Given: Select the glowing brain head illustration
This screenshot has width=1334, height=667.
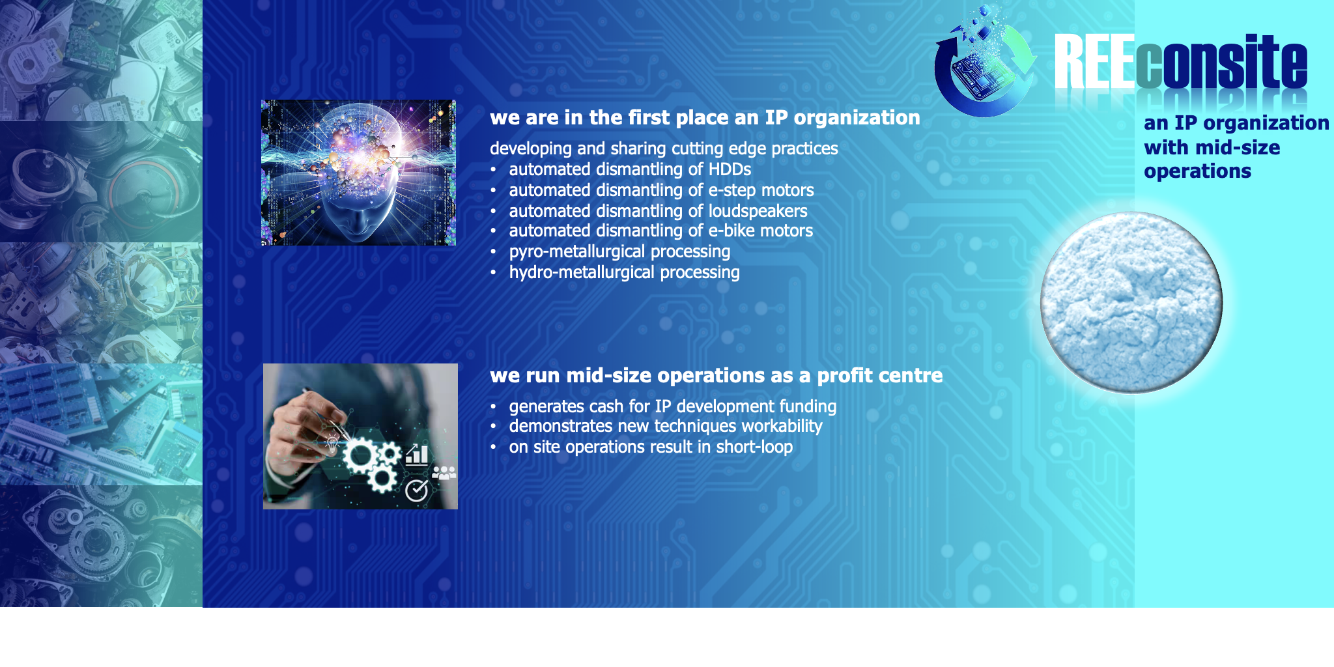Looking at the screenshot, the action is (x=358, y=173).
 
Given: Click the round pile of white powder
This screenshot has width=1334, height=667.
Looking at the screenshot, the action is (x=1131, y=302).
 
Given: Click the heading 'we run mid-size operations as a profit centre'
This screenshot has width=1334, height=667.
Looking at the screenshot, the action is (x=716, y=376).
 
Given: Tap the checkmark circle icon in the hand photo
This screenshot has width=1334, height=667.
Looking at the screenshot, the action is (x=417, y=490).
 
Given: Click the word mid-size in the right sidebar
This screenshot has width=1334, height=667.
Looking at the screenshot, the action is (x=1244, y=148).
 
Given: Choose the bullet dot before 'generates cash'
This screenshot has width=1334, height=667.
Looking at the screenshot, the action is (x=494, y=407).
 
